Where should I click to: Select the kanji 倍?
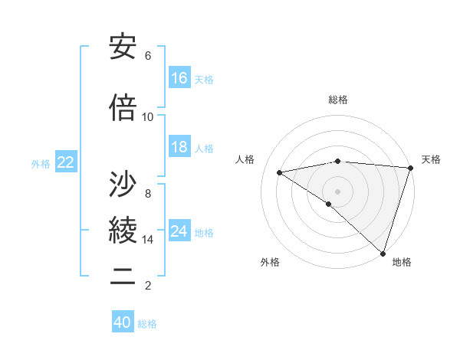coord(123,109)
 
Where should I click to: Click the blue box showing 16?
coord(179,77)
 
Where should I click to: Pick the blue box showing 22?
coord(66,162)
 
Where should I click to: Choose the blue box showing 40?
coord(123,322)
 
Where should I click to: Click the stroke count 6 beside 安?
coord(148,56)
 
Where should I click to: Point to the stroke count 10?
coord(148,117)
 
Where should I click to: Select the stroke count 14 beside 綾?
coord(148,240)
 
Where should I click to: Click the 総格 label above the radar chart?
coord(338,100)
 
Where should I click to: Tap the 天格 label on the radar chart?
coord(431,159)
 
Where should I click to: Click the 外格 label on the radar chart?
coord(270,263)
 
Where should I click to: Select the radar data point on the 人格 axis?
coord(280,172)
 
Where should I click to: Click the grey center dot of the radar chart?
coord(337,190)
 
